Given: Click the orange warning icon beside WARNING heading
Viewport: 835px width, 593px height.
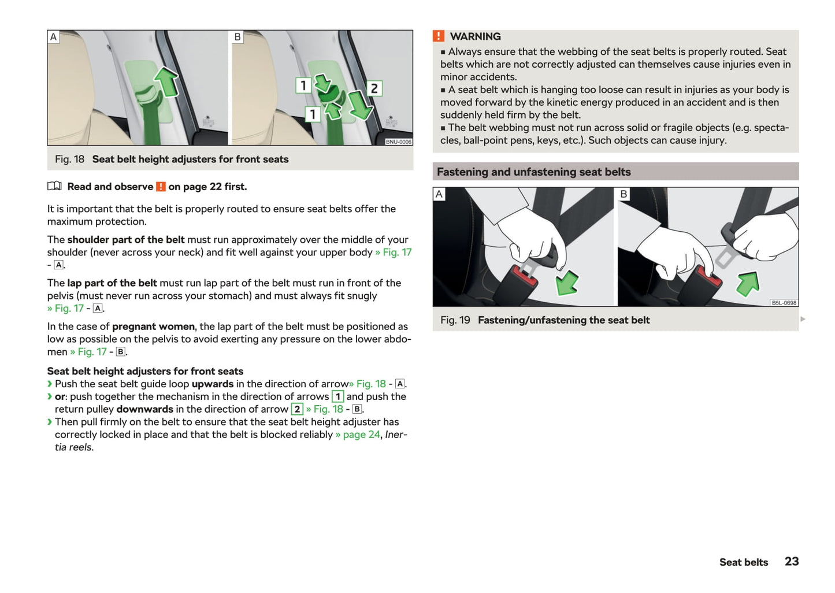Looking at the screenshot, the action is coord(439,36).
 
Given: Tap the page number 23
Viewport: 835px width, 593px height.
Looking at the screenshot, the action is coord(791,561).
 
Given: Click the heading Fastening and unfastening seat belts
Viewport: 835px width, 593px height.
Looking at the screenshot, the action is coord(533,172).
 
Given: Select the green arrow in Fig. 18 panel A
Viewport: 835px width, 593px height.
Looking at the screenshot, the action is coord(167,81).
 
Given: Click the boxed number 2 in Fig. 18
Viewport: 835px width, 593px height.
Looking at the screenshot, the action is coord(374,88).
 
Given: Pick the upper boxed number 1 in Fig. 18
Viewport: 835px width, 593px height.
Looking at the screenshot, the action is coord(303,86).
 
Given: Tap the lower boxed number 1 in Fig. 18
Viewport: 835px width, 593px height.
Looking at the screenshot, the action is coord(313,114).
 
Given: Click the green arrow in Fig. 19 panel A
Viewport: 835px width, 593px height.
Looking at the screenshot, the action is coord(567,283).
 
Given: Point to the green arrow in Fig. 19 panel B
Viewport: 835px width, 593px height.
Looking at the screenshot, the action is coord(748,283).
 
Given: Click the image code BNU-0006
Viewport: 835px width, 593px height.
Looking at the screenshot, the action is coord(398,142).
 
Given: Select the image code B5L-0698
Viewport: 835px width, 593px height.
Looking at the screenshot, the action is coord(784,303).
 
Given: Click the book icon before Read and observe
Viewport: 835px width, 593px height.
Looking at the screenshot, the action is coord(54,186).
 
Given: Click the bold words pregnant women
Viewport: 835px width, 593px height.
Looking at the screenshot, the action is coord(153,327).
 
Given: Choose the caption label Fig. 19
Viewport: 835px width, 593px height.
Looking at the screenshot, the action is coord(455,320).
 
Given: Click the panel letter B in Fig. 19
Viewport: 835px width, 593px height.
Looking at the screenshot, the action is coord(624,194).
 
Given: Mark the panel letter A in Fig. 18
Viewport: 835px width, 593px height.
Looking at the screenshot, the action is coord(53,37).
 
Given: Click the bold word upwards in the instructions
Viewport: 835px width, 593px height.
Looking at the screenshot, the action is coord(212,384).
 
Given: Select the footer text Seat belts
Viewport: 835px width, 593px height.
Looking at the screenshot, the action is coord(743,562).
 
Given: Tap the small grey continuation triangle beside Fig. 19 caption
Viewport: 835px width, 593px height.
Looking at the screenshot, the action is coord(803,319).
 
